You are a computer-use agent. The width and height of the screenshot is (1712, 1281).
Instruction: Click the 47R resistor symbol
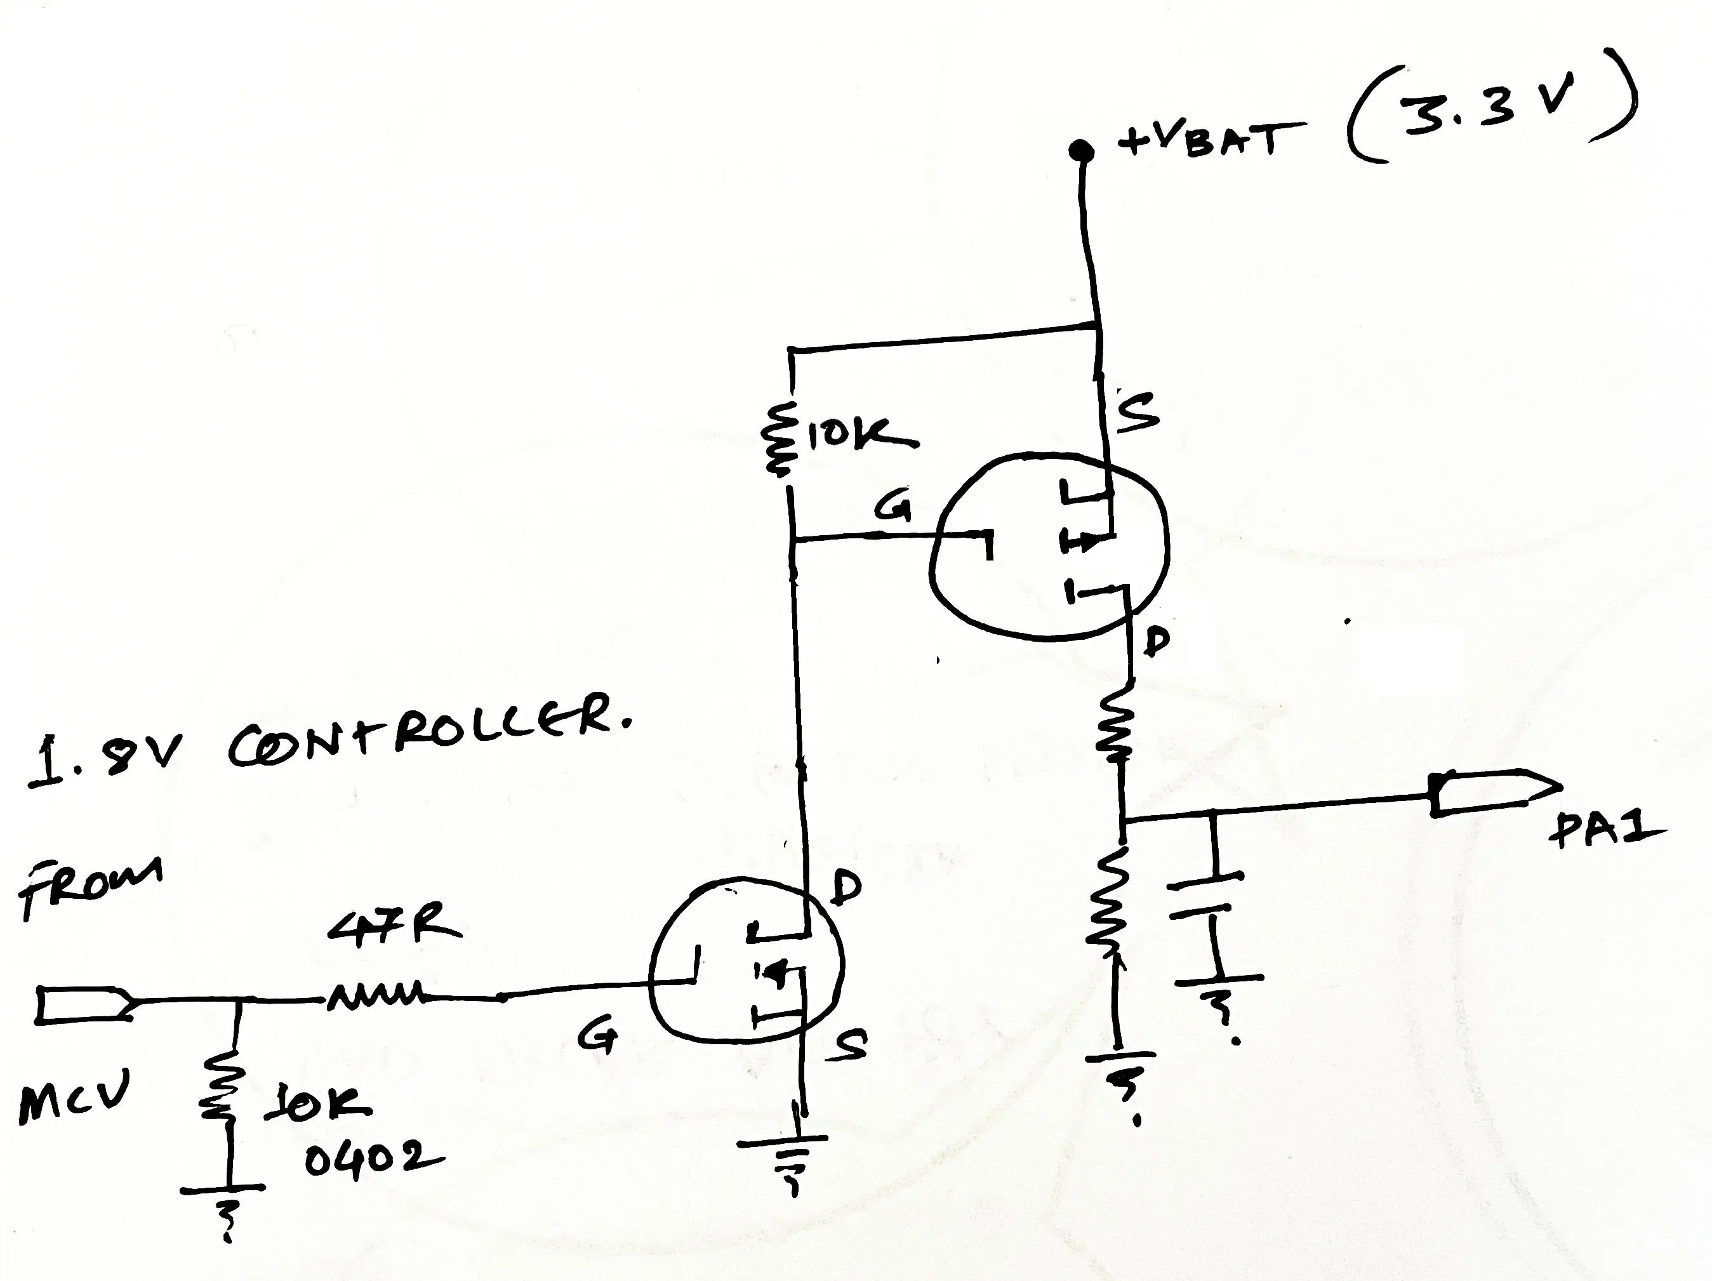[375, 994]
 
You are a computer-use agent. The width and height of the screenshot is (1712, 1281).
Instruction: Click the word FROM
[89, 886]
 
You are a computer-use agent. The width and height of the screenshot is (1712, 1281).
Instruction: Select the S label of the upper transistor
[1138, 411]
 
